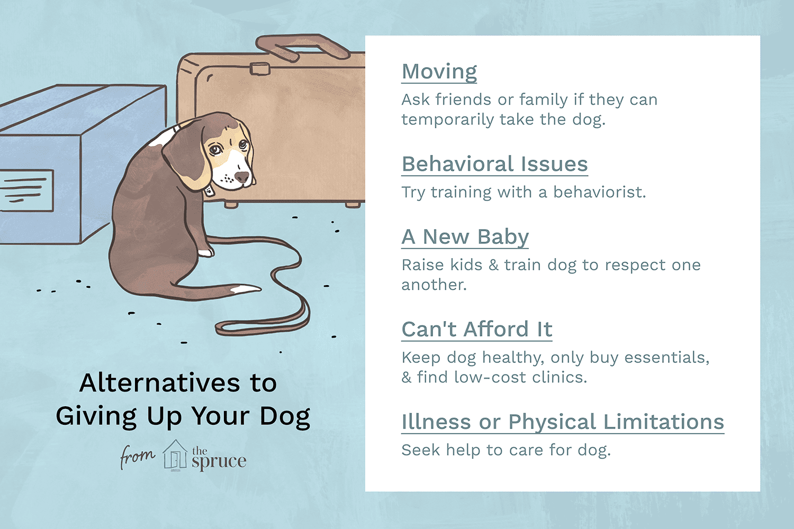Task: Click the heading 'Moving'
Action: pyautogui.click(x=439, y=72)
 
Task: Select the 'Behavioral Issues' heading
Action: pyautogui.click(x=494, y=164)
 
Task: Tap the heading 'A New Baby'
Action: pyautogui.click(x=465, y=237)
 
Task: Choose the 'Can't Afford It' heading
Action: pyautogui.click(x=477, y=329)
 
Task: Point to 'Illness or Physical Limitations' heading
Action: pyautogui.click(x=563, y=422)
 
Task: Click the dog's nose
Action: pyautogui.click(x=242, y=177)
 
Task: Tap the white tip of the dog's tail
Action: pyautogui.click(x=245, y=289)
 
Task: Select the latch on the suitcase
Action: pyautogui.click(x=260, y=69)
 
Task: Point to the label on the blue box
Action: pyautogui.click(x=26, y=190)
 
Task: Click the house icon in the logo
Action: pyautogui.click(x=174, y=455)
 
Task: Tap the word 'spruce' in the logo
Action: pyautogui.click(x=219, y=462)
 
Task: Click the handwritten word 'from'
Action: pyautogui.click(x=137, y=456)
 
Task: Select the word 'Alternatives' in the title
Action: pyautogui.click(x=159, y=383)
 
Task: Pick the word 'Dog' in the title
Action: pyautogui.click(x=285, y=417)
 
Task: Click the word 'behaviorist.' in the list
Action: pyautogui.click(x=599, y=193)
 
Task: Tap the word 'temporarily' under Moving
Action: pyautogui.click(x=448, y=120)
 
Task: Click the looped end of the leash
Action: pyautogui.click(x=263, y=327)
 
